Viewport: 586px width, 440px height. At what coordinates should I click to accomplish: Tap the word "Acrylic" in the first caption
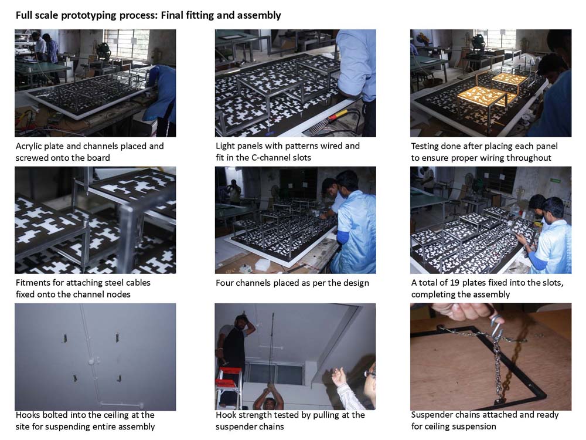tap(28, 146)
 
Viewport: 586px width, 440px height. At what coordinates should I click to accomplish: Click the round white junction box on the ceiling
tap(91, 363)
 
